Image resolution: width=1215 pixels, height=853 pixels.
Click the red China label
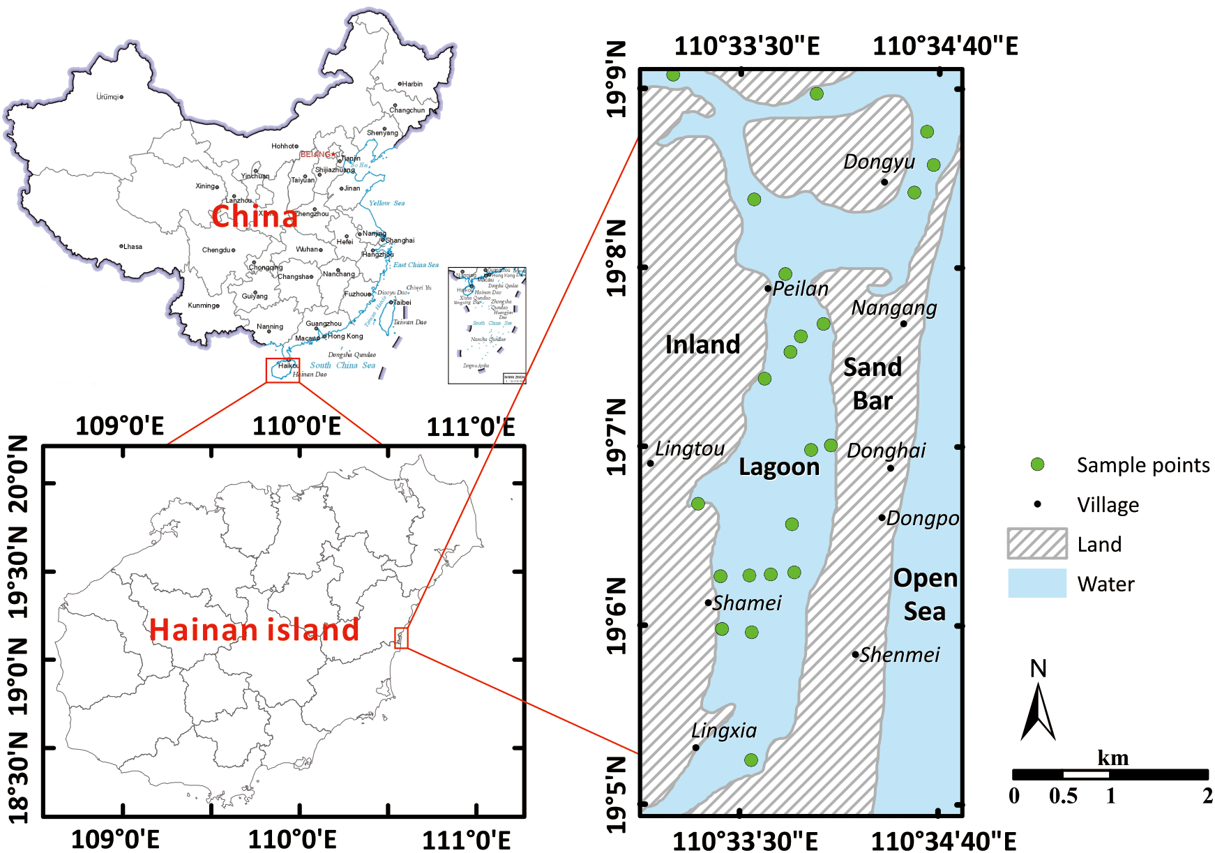tap(255, 216)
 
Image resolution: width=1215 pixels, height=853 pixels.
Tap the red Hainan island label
tap(254, 630)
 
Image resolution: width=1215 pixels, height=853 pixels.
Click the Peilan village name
tap(801, 289)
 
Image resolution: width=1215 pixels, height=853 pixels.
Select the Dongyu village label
tap(879, 162)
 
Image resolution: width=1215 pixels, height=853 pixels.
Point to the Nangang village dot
tap(903, 324)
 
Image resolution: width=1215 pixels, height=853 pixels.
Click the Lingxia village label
tap(724, 730)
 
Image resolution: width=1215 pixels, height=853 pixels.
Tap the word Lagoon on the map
tap(779, 467)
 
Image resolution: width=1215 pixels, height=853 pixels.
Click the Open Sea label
tap(925, 594)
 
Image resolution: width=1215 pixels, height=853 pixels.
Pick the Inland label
tap(702, 345)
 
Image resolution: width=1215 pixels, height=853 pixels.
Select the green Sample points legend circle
tap(1037, 465)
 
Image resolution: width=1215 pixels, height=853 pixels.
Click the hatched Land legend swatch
tap(1037, 544)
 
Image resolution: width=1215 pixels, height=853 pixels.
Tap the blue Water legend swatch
tap(1037, 584)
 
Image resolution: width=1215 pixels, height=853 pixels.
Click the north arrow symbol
tap(1038, 711)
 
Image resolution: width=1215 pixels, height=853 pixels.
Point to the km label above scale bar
tap(1112, 758)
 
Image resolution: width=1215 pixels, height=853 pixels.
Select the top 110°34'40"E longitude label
tap(945, 46)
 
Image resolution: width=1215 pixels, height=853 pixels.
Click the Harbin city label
tap(412, 84)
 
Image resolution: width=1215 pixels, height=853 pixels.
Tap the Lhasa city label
tap(133, 246)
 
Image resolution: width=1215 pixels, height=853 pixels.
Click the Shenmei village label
tap(900, 655)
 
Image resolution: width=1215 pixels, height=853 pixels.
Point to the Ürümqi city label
tap(107, 97)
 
